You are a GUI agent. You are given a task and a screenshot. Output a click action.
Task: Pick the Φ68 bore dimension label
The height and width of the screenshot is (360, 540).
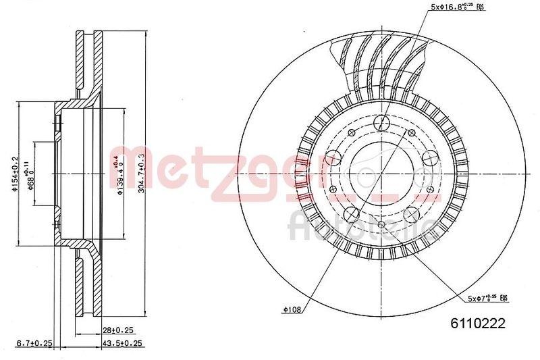pos(30,174)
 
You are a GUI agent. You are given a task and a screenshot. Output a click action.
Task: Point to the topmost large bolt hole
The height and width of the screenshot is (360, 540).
pos(381,124)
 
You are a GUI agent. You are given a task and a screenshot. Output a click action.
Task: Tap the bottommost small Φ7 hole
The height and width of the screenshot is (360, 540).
pos(381,225)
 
